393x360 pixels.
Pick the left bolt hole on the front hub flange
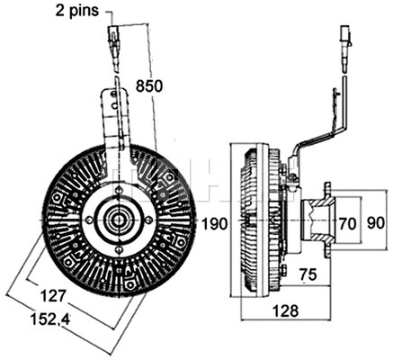[x=89, y=219]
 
